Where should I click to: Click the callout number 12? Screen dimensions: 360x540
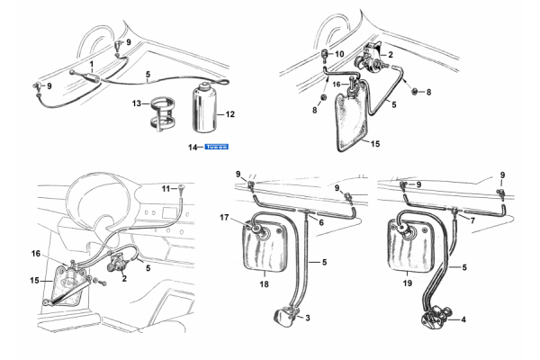tap(230, 114)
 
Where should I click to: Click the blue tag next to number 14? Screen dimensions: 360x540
tap(218, 146)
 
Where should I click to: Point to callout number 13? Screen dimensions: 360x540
tap(138, 103)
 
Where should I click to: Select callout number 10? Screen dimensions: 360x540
tap(339, 53)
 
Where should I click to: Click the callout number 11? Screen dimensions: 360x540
tap(166, 188)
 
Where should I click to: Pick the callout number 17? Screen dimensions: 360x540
tap(225, 217)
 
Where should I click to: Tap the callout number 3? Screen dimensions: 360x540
tap(309, 319)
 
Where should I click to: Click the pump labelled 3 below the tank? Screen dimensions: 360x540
tap(284, 316)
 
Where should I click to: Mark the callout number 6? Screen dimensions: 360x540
tap(320, 221)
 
